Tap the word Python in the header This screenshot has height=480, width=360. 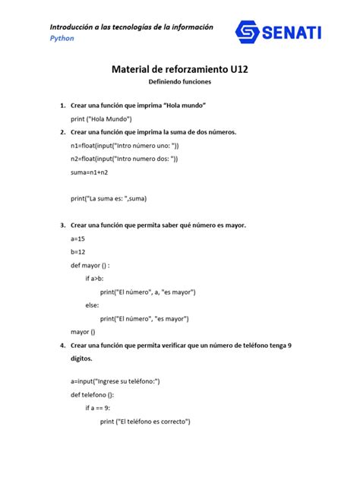point(62,38)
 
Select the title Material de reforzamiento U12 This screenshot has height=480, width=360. point(180,69)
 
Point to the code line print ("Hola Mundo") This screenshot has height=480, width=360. point(102,118)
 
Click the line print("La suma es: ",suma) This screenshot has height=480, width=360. point(109,199)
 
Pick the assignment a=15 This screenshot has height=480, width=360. point(78,238)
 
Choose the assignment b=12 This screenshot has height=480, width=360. point(78,252)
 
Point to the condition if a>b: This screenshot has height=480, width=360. point(94,279)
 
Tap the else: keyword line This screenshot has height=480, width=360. point(93,305)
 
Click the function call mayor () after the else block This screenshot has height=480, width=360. point(83,332)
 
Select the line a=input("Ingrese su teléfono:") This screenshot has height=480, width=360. point(115,381)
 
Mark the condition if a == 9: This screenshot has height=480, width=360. point(98,408)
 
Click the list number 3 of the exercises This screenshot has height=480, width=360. point(62,226)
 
